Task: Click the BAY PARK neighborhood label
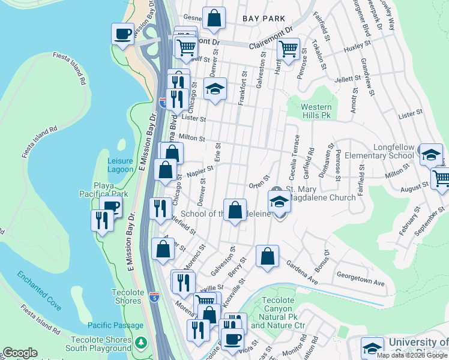click(x=264, y=19)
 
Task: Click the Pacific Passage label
click(x=116, y=325)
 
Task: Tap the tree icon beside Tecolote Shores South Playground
click(x=141, y=342)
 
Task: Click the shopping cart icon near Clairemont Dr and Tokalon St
click(x=289, y=49)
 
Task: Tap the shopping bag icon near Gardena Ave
click(x=267, y=256)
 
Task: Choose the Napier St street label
click(x=200, y=172)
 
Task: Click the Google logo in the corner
click(x=19, y=353)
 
